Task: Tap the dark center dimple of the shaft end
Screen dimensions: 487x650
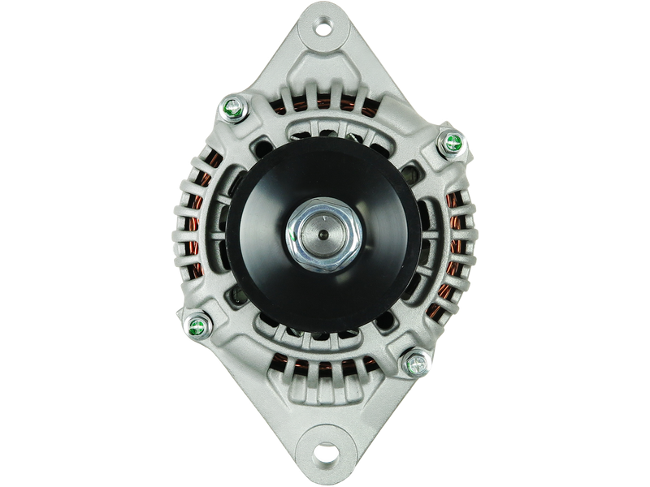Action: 325,235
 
